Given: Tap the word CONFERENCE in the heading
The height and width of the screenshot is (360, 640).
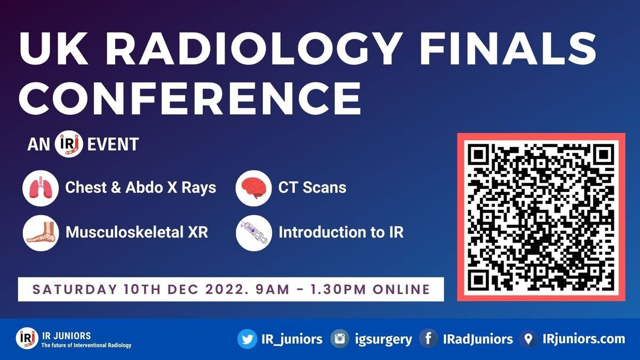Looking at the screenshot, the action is [190, 98].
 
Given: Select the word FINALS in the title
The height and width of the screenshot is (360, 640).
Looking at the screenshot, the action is [508, 49].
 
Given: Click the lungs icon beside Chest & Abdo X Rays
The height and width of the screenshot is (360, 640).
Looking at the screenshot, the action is [41, 188].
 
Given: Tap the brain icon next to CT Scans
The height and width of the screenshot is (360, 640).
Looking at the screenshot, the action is [254, 188].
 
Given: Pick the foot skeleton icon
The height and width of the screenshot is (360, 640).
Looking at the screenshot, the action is [41, 233].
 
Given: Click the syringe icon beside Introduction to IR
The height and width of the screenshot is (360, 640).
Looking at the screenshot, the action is [254, 233].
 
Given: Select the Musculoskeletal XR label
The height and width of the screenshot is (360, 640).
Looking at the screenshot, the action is [137, 231].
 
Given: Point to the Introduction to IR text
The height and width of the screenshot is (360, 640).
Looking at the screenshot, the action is [341, 231].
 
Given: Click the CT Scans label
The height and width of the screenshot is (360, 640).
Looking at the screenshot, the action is [313, 187].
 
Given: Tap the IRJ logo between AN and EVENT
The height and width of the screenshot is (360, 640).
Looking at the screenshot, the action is [69, 144].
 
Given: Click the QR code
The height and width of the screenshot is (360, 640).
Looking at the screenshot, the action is [541, 217].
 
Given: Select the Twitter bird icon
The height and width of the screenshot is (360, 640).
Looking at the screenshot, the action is [247, 339].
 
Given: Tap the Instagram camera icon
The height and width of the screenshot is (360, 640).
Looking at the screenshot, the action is [340, 339].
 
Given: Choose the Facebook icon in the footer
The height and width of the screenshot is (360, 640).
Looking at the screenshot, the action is [428, 339].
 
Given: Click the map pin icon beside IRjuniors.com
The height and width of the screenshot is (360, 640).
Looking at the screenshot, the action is [529, 339].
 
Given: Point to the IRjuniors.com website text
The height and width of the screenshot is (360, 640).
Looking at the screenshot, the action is [583, 339].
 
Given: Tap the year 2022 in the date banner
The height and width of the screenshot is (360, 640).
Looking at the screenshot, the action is [229, 289].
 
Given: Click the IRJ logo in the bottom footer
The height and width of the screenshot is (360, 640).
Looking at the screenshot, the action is [27, 338].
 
